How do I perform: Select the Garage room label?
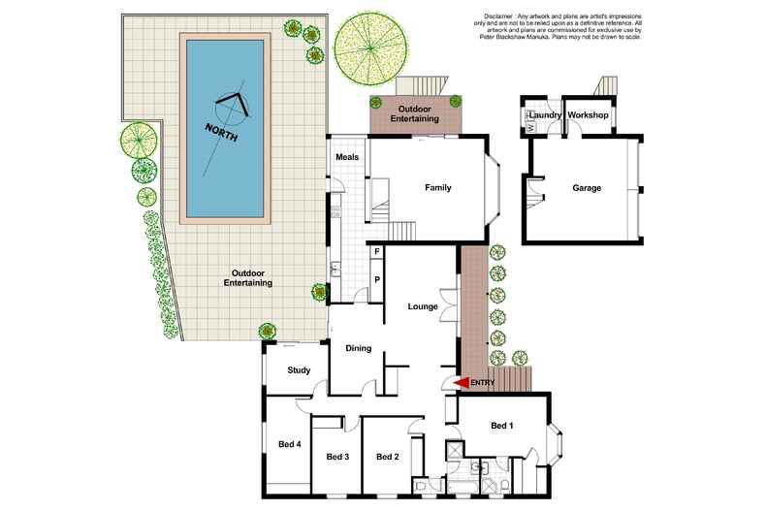(x=587, y=187)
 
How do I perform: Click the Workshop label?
(x=588, y=115)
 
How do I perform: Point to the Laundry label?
(x=546, y=115)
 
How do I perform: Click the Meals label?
(x=347, y=156)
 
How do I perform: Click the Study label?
(x=299, y=369)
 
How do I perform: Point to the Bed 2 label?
(x=387, y=457)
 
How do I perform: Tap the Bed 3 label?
(x=336, y=457)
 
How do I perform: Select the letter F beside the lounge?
(x=376, y=252)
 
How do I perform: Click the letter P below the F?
(x=376, y=278)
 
